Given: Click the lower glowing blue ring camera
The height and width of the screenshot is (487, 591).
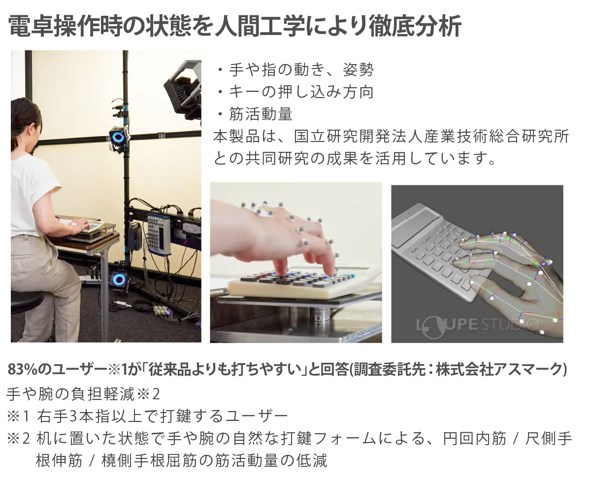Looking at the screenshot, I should [x=119, y=279].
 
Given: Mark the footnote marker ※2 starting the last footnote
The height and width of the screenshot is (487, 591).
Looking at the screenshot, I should [x=18, y=438].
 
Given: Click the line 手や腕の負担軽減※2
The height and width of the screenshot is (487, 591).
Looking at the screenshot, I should [x=84, y=394].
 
